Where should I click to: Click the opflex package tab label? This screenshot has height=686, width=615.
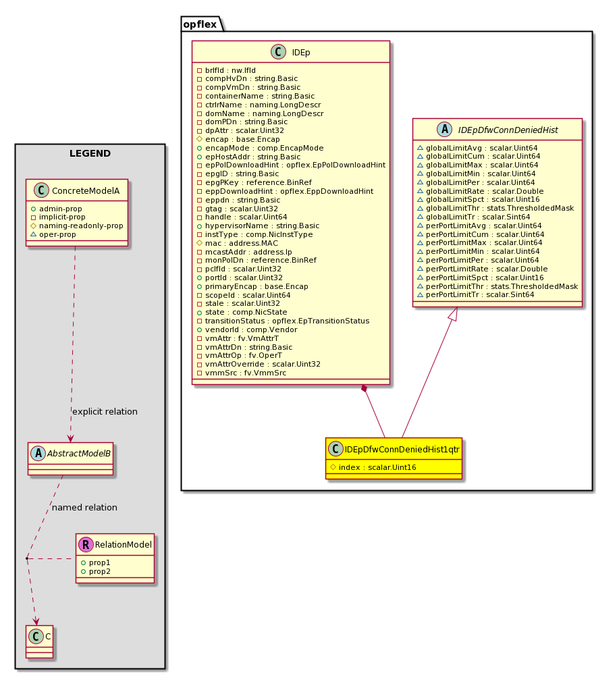199,24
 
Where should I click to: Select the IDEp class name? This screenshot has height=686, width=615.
301,53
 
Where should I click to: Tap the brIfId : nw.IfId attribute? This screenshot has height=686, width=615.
230,70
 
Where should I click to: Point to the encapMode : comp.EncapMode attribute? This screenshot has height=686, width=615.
264,148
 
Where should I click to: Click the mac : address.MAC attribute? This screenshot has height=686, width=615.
242,243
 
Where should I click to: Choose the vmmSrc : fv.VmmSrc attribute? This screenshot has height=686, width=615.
245,373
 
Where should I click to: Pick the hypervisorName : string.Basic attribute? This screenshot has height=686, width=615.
262,226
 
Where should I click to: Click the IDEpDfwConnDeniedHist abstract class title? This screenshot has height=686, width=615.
508,130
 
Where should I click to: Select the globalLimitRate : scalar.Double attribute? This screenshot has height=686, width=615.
485,191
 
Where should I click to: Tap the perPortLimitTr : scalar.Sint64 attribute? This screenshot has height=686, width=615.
480,295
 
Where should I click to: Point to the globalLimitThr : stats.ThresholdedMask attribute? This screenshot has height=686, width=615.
500,208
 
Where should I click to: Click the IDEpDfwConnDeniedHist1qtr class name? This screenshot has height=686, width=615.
402,449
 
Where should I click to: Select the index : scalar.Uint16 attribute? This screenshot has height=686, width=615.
377,467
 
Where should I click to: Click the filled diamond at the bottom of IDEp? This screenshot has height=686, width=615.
364,388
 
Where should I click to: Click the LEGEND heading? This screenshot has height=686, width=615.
90,153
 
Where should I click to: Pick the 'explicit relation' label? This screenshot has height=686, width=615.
105,412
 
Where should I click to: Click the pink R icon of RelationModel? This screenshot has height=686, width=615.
86,545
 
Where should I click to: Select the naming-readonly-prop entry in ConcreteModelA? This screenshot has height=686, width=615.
81,226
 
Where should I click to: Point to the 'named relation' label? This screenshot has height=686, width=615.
84,508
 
